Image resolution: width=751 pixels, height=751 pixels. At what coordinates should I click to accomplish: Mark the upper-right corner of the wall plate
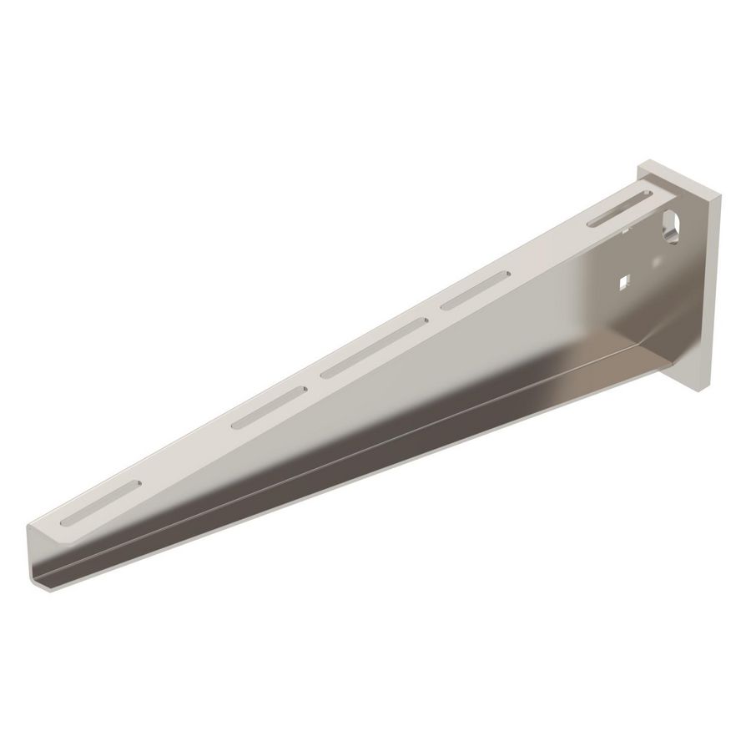coord(720,195)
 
